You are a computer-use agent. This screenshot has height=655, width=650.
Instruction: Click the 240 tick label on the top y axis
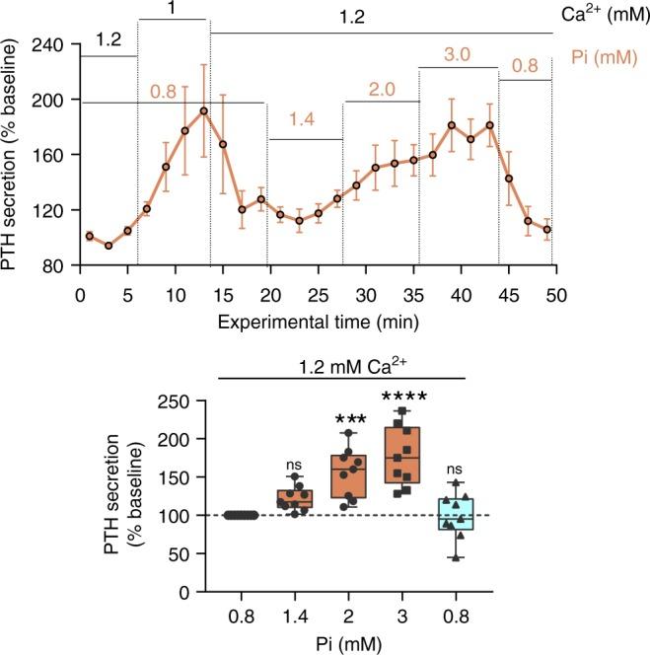[x=48, y=44]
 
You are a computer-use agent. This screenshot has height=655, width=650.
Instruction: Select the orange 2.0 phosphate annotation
[x=381, y=89]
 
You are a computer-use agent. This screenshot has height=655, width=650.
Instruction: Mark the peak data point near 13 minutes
[x=204, y=110]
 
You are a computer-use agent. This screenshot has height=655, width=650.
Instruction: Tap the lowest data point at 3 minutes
[x=108, y=246]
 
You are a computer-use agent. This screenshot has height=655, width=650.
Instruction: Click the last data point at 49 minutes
[x=546, y=230]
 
